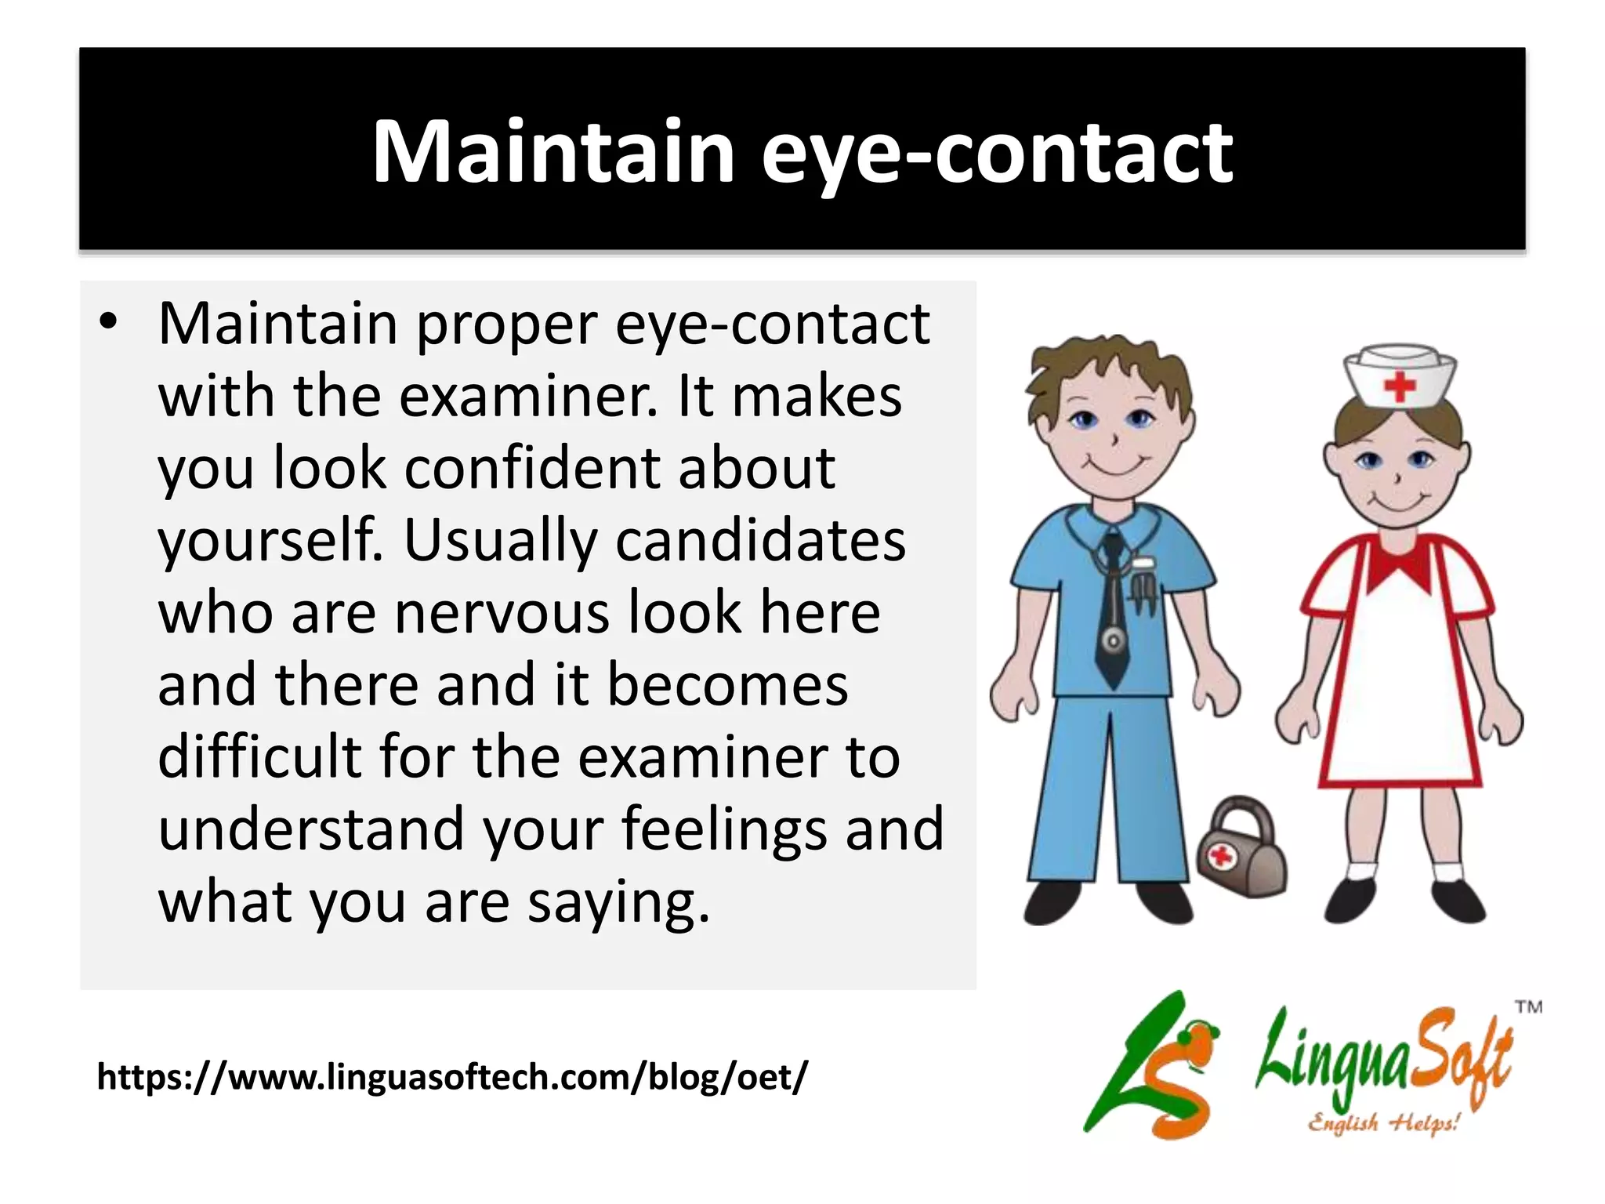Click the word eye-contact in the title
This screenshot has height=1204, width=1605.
(997, 153)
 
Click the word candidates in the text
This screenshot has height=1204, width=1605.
(760, 540)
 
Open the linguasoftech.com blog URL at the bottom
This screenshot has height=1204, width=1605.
(451, 1076)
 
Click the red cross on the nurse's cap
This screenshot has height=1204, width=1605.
(1400, 386)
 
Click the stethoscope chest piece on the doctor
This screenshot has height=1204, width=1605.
(1113, 642)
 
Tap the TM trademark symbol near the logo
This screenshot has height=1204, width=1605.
(1527, 1007)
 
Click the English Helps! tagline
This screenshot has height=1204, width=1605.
(1383, 1123)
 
